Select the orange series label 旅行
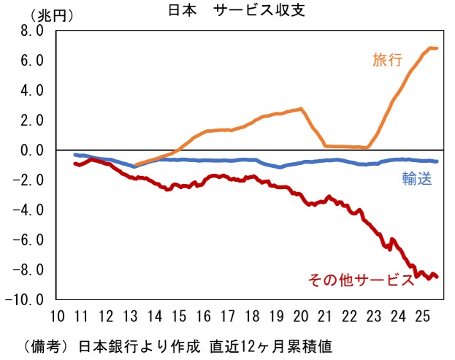pos(388,61)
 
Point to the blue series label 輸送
pos(417,177)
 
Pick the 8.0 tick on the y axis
pos(32,31)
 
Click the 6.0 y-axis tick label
pos(32,61)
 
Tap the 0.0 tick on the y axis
pos(32,150)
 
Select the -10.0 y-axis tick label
pos(27,299)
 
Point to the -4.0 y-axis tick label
pos(30,210)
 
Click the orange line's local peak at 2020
pos(300,109)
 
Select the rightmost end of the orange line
pos(436,49)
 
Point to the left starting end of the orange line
pos(137,165)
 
